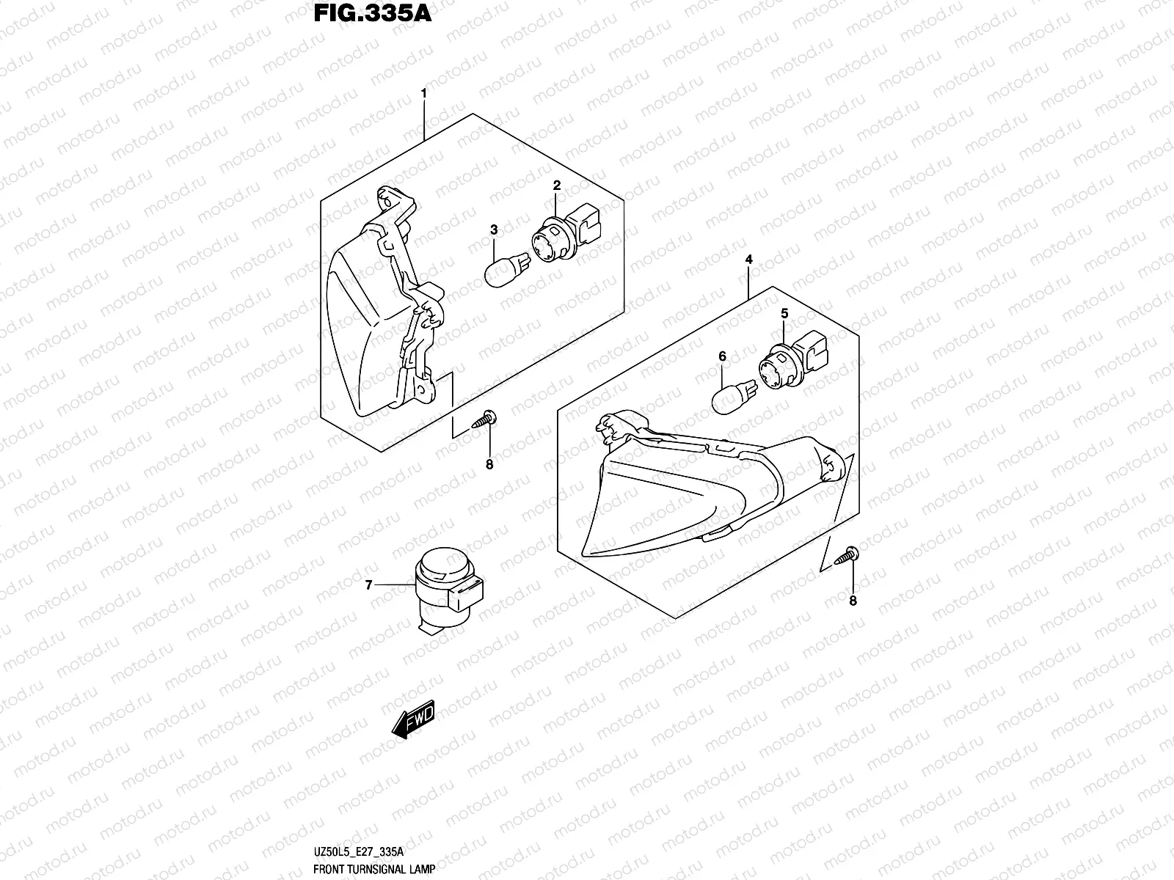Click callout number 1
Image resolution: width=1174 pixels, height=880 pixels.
click(423, 94)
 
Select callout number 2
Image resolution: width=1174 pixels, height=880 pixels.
click(557, 186)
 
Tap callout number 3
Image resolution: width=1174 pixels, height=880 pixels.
click(494, 230)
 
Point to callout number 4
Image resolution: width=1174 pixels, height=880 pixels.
click(749, 260)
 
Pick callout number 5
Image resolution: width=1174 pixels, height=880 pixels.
click(784, 313)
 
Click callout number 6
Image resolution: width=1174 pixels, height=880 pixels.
click(722, 356)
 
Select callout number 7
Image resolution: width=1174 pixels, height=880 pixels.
click(369, 584)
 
